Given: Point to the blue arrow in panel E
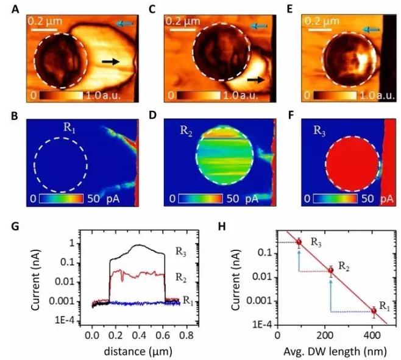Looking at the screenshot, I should click(371, 29).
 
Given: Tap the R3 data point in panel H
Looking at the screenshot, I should click(299, 242).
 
